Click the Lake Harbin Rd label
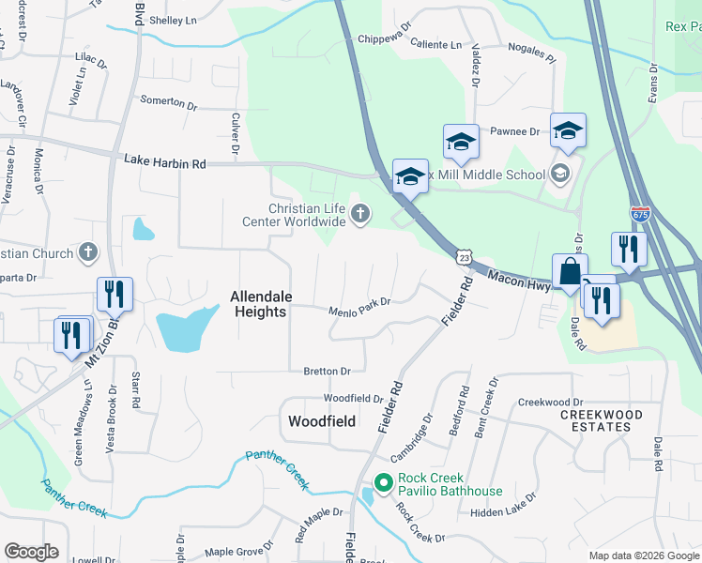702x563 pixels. [164, 162]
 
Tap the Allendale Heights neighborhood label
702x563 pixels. [261, 304]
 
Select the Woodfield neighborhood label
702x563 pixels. [321, 421]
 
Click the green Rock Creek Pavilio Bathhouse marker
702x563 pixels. [383, 484]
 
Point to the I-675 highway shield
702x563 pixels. [640, 216]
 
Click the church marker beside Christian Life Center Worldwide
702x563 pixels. [359, 216]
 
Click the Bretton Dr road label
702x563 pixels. [327, 372]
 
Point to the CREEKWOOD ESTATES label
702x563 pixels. [602, 420]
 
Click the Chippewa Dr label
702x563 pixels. [385, 39]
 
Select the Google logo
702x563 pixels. [31, 552]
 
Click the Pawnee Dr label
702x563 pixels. [516, 132]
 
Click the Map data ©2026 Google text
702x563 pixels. [643, 555]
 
